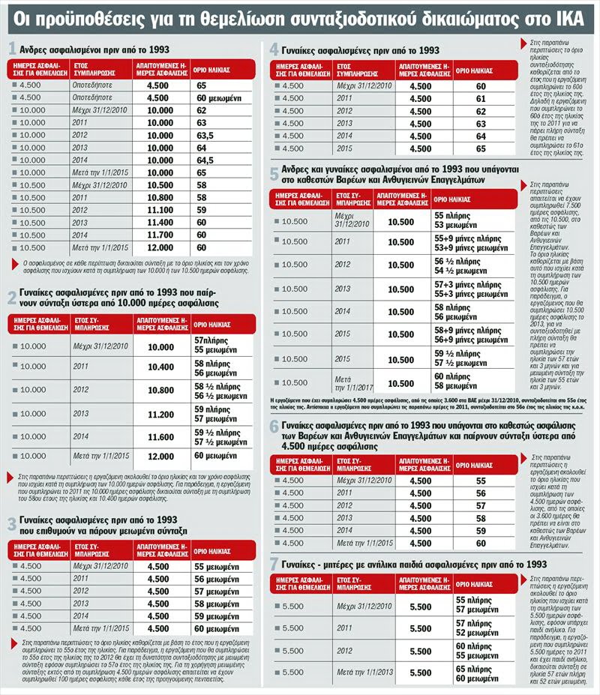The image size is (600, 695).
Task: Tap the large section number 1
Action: pyautogui.click(x=12, y=49)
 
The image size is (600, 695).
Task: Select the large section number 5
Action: pyautogui.click(x=274, y=172)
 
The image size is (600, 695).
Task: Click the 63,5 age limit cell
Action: pyautogui.click(x=205, y=135)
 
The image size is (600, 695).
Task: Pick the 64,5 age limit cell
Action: pyautogui.click(x=205, y=160)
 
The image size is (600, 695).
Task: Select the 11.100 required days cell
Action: pyautogui.click(x=159, y=210)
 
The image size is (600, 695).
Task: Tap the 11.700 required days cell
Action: pyautogui.click(x=159, y=235)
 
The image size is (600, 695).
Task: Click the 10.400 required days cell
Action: pyautogui.click(x=160, y=367)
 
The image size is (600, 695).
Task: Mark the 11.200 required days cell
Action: pyautogui.click(x=160, y=413)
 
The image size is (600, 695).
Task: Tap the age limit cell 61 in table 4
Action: pyautogui.click(x=481, y=98)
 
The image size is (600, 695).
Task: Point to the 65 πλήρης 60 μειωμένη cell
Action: pyautogui.click(x=475, y=673)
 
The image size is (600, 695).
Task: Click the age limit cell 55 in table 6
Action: pyautogui.click(x=481, y=481)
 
